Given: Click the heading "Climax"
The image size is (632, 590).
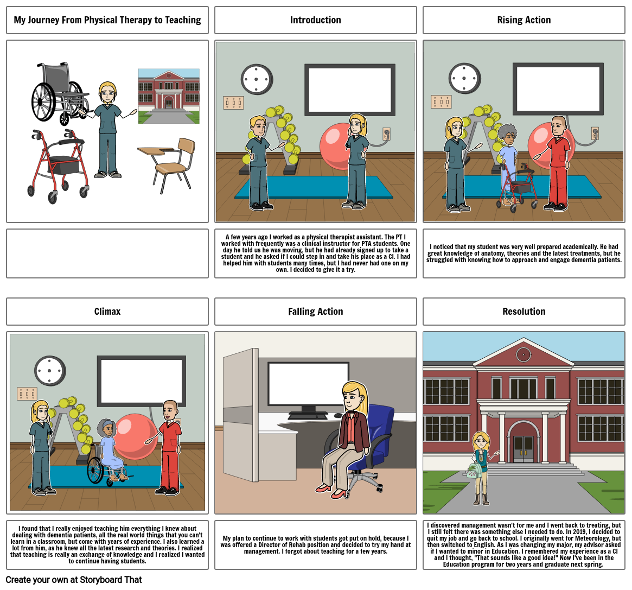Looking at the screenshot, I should pos(107,312).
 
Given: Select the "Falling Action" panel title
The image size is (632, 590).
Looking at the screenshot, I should pos(315,312).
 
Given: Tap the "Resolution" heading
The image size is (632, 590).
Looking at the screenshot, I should pos(524,312).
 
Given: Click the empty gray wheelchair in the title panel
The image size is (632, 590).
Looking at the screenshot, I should pos(59,93).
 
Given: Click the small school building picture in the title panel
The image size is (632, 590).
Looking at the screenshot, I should pos(169,96).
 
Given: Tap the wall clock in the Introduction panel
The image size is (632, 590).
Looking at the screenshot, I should pos(256,79).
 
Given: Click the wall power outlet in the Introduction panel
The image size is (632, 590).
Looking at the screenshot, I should pos(386,134).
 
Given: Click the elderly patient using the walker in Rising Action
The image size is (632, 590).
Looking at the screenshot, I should pos(508,163).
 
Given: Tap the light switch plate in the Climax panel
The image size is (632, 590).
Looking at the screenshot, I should pos(27,394).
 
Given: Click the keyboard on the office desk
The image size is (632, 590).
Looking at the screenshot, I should pos(308,416).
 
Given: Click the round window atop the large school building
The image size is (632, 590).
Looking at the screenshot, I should pos(524,354).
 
